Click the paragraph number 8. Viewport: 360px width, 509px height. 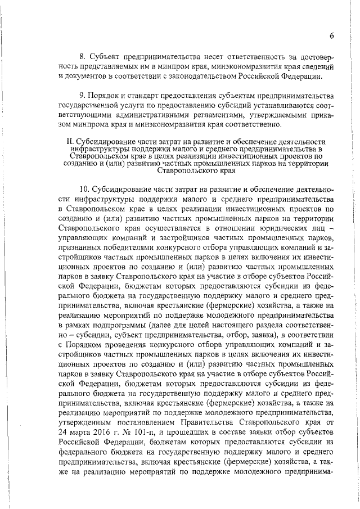pos(80,57)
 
